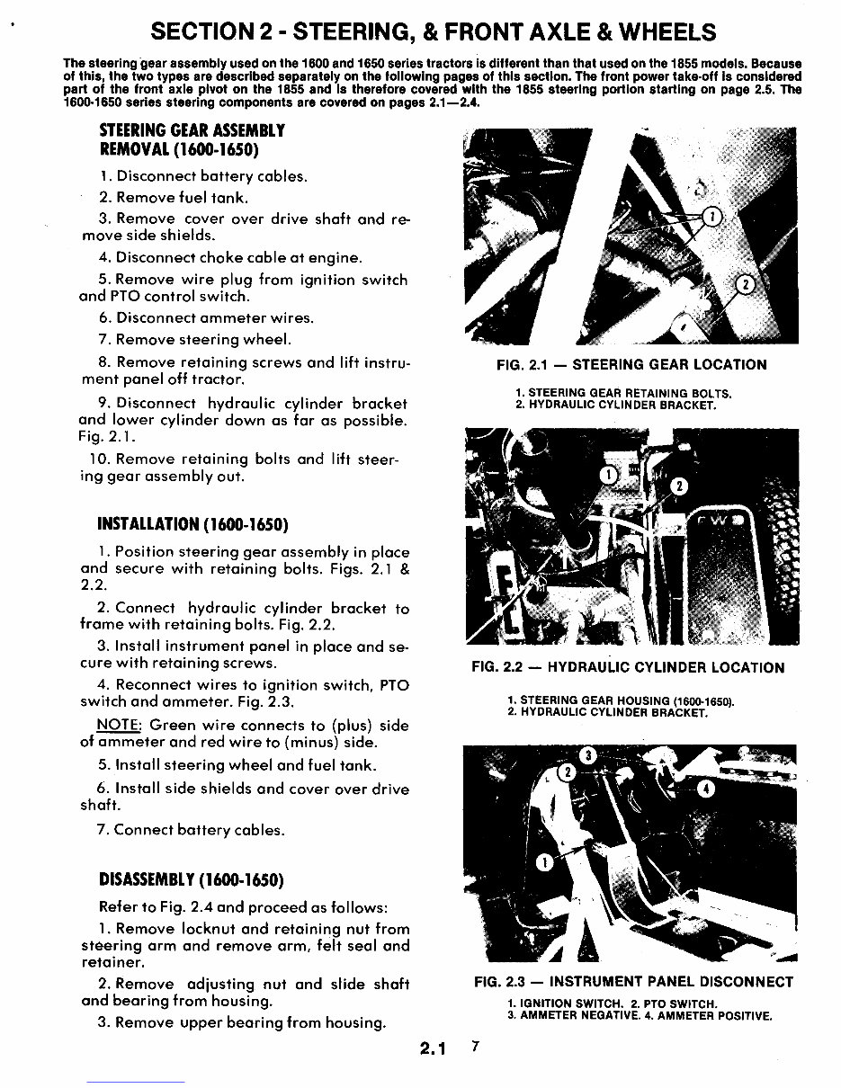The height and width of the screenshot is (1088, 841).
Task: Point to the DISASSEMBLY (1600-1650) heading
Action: coord(191,878)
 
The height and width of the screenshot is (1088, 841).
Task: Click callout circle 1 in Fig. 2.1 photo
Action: coord(711,217)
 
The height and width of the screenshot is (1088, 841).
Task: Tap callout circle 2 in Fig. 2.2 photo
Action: coord(679,486)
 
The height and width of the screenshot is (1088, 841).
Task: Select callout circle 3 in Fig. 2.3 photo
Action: coord(587,755)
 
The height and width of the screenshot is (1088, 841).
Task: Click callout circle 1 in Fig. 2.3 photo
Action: coord(544,864)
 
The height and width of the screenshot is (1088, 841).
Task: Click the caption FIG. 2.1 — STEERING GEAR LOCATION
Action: coord(631,365)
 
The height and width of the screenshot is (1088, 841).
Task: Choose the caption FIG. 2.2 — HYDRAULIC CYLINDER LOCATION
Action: coord(628,668)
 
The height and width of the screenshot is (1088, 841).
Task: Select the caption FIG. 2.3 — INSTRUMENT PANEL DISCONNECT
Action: coord(633,982)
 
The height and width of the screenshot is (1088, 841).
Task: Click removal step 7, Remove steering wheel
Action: coord(195,340)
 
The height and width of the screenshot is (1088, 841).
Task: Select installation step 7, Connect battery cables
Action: coord(190,829)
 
